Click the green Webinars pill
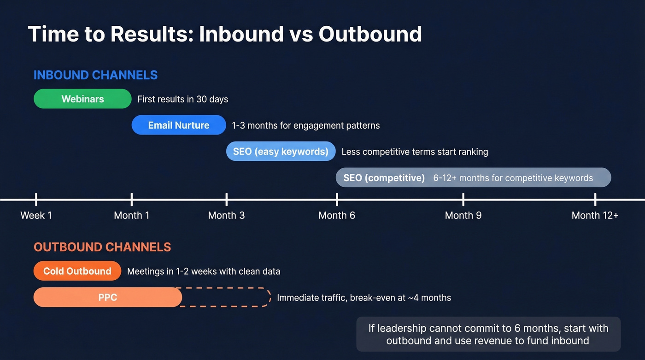point(82,99)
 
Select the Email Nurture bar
point(179,125)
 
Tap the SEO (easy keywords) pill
point(281,151)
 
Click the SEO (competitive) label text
point(384,177)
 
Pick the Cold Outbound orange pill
point(77,271)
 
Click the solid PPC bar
point(108,297)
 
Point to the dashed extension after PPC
point(226,297)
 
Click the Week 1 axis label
point(36,215)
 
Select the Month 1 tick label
point(131,215)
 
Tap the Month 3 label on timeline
point(226,215)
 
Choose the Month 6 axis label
point(337,215)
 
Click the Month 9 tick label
point(463,215)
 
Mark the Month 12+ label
point(595,215)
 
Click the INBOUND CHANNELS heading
point(95,75)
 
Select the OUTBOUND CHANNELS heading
point(102,247)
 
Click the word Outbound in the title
point(370,34)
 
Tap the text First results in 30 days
point(183,99)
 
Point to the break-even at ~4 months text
point(400,298)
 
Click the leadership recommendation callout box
point(488,334)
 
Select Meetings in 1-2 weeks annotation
point(204,271)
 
